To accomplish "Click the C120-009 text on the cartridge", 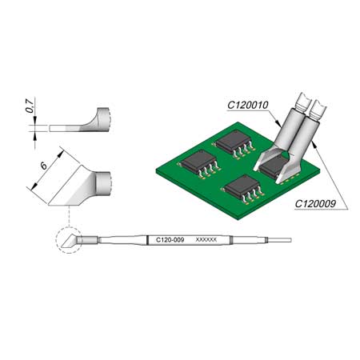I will [x=170, y=239].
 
